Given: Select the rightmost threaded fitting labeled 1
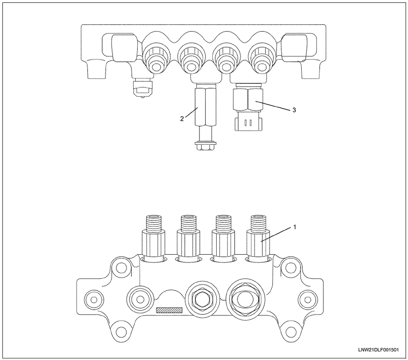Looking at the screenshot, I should point(259,238).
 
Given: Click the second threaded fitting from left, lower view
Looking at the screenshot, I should point(188,238).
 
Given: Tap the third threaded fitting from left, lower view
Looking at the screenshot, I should point(223,238).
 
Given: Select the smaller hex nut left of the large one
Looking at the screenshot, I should point(200,299).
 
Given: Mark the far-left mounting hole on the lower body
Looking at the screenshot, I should point(94,300).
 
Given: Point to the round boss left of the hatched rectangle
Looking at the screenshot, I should point(140,299).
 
